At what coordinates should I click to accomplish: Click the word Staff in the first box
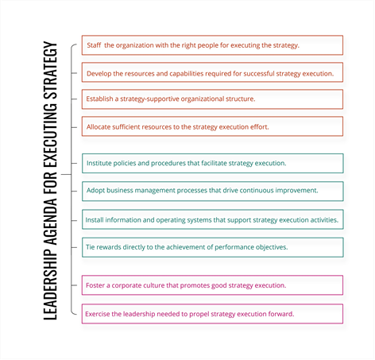pos(94,45)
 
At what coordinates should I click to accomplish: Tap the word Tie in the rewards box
pos(91,247)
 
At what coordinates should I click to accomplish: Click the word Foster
pos(95,285)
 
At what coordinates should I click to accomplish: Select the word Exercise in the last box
pos(97,314)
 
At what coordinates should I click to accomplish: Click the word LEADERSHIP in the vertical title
pos(50,284)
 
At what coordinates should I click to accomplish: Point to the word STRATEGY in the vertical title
pos(50,71)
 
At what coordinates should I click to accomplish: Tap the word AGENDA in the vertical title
pos(50,221)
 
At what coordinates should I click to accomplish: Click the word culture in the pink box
pos(153,285)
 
